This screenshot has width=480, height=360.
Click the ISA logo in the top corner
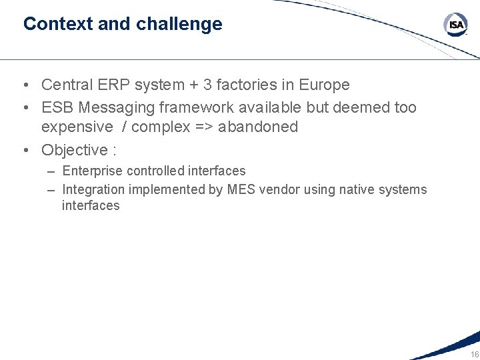pyautogui.click(x=456, y=25)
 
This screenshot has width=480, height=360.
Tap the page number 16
pyautogui.click(x=474, y=354)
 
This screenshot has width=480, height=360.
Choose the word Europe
pyautogui.click(x=324, y=85)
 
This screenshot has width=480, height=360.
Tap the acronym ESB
pyautogui.click(x=58, y=107)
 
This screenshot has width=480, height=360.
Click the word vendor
pyautogui.click(x=279, y=190)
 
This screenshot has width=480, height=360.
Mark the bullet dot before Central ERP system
pyautogui.click(x=24, y=85)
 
